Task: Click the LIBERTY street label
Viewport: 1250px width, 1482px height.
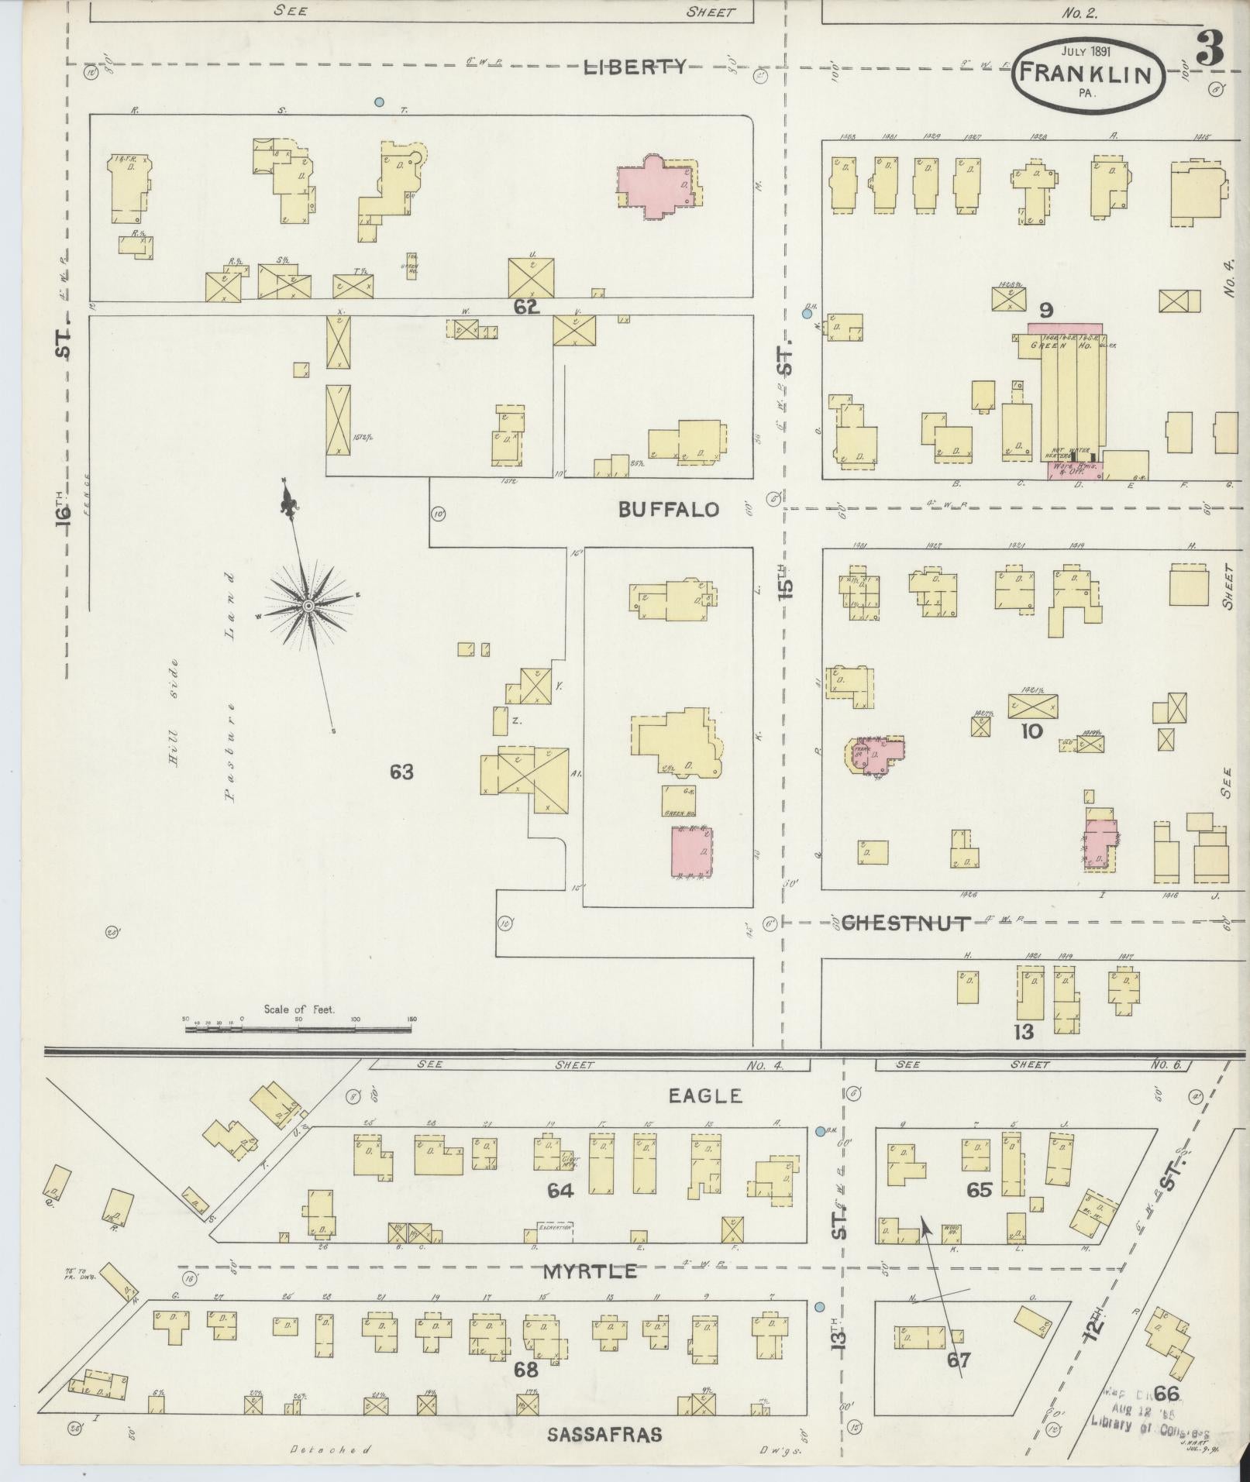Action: click(x=634, y=67)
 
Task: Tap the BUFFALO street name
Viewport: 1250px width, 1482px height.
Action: click(x=668, y=509)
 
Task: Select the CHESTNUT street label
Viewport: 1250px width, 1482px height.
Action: click(x=905, y=923)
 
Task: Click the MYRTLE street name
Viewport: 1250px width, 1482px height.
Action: click(x=591, y=1271)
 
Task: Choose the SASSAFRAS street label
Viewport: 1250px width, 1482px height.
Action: click(x=604, y=1434)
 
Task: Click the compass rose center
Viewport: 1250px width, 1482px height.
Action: click(x=308, y=606)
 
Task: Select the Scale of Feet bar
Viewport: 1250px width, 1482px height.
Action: click(x=298, y=1030)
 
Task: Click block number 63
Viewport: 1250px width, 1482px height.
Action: click(x=401, y=772)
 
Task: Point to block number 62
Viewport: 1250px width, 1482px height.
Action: click(x=525, y=307)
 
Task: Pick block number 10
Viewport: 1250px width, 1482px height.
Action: click(x=1031, y=731)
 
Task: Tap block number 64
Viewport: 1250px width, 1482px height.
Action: click(x=560, y=1190)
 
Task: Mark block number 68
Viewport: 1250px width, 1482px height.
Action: click(x=526, y=1370)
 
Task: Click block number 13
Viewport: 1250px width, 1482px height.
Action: click(x=1024, y=1031)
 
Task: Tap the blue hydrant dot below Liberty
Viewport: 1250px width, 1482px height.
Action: click(x=379, y=101)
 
